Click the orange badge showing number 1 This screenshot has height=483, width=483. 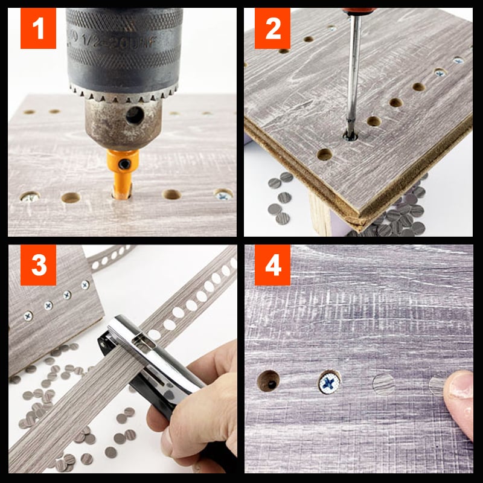(x=38, y=28)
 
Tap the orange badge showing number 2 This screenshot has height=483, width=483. (x=273, y=28)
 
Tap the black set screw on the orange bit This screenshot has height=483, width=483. (x=124, y=164)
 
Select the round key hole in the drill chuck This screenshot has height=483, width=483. (x=134, y=115)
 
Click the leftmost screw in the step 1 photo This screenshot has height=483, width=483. (x=29, y=197)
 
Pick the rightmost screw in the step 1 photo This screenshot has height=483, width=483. (x=223, y=194)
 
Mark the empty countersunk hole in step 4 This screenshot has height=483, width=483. (x=268, y=382)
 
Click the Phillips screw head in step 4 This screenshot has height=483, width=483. (x=330, y=383)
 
